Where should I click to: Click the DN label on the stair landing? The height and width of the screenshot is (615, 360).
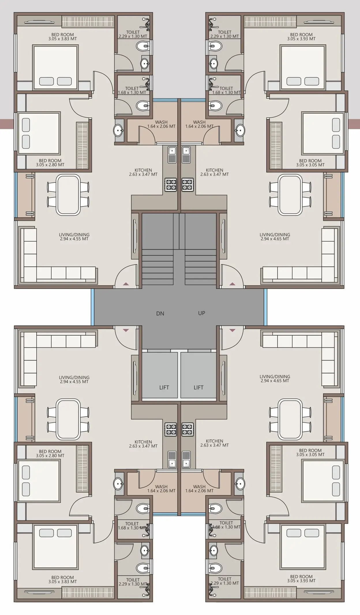pyautogui.click(x=160, y=313)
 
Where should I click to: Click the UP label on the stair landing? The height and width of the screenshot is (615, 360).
pyautogui.click(x=202, y=313)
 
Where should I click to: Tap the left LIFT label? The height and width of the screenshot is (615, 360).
pyautogui.click(x=164, y=388)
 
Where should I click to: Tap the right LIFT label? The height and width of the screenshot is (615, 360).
pyautogui.click(x=198, y=388)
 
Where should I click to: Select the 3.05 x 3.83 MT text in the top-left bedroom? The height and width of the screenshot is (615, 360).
pyautogui.click(x=63, y=39)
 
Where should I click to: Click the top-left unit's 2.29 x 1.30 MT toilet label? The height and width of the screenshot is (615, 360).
pyautogui.click(x=133, y=36)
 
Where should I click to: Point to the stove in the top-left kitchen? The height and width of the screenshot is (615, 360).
pyautogui.click(x=170, y=185)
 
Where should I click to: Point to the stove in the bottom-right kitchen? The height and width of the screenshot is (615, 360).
pyautogui.click(x=187, y=430)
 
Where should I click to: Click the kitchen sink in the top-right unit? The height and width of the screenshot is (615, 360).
pyautogui.click(x=186, y=154)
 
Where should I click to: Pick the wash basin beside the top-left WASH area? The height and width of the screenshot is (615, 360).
pyautogui.click(x=119, y=131)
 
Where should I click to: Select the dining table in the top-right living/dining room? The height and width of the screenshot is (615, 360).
pyautogui.click(x=290, y=195)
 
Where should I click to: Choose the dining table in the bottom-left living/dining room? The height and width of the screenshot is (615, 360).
pyautogui.click(x=68, y=419)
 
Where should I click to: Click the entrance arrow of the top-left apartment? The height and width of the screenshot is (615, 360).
pyautogui.click(x=126, y=284)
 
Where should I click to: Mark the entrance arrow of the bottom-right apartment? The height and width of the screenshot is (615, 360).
pyautogui.click(x=232, y=330)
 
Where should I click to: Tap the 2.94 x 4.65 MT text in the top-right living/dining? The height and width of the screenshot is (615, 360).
pyautogui.click(x=275, y=239)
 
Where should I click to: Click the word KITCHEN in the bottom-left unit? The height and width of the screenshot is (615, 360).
pyautogui.click(x=143, y=442)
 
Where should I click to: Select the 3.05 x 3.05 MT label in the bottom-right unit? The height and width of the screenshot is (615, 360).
pyautogui.click(x=310, y=455)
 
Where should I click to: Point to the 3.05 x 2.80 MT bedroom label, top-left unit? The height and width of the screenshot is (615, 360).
pyautogui.click(x=50, y=165)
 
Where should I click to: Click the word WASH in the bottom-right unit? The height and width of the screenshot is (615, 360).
pyautogui.click(x=199, y=487)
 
